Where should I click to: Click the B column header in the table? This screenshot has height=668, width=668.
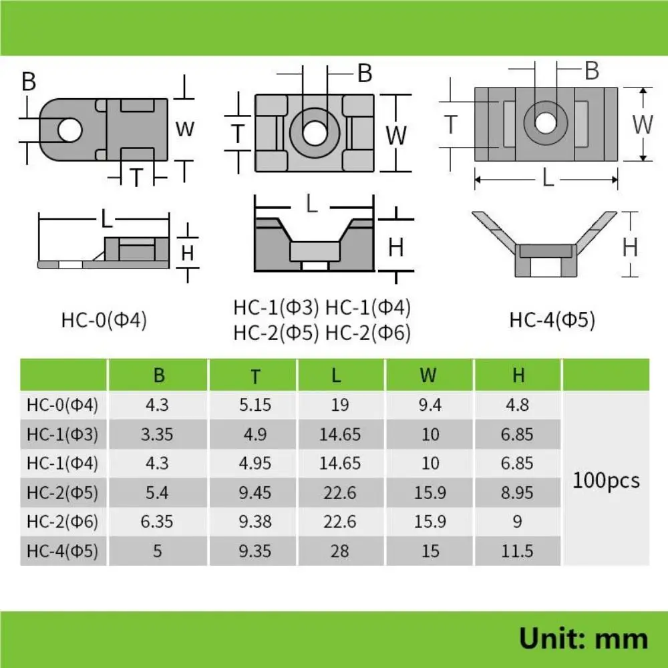click(x=159, y=375)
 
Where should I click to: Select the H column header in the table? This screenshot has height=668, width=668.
click(x=518, y=375)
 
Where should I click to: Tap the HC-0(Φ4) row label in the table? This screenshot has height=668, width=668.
click(x=63, y=405)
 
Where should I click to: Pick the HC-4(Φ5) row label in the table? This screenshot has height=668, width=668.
click(x=63, y=551)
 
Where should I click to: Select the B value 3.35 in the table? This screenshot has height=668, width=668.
click(x=159, y=434)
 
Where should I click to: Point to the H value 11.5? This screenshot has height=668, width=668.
click(x=518, y=551)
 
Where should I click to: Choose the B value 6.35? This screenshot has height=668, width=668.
click(x=159, y=522)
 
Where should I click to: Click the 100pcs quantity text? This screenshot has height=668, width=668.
click(x=606, y=480)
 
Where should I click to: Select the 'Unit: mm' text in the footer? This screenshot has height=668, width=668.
click(x=583, y=638)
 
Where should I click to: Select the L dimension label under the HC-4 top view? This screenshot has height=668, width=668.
click(x=548, y=178)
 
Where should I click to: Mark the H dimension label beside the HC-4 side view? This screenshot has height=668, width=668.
click(x=630, y=247)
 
